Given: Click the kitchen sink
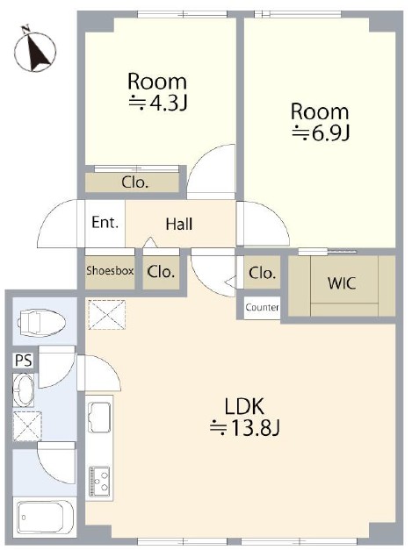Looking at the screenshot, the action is [x=100, y=415].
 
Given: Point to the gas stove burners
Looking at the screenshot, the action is [x=100, y=480].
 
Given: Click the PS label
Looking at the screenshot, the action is [x=24, y=361].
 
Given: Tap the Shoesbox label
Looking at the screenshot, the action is [x=110, y=270].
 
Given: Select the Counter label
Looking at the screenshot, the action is [x=262, y=308].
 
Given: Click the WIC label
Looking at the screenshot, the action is [x=342, y=283].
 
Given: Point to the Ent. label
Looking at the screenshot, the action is [x=105, y=223].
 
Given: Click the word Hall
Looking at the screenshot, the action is [x=179, y=225].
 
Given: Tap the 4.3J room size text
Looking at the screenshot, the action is [x=157, y=103].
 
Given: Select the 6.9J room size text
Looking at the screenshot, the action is [x=321, y=132].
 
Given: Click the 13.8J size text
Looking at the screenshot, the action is [x=244, y=428].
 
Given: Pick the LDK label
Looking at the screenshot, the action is [x=243, y=407].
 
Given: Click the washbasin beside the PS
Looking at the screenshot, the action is [x=24, y=389].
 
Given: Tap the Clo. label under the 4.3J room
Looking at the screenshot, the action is [x=135, y=182].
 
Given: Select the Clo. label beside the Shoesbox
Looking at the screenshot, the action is [x=161, y=272].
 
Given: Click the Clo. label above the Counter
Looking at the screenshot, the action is [x=262, y=273].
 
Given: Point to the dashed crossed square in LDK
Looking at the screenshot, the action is [x=107, y=314].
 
